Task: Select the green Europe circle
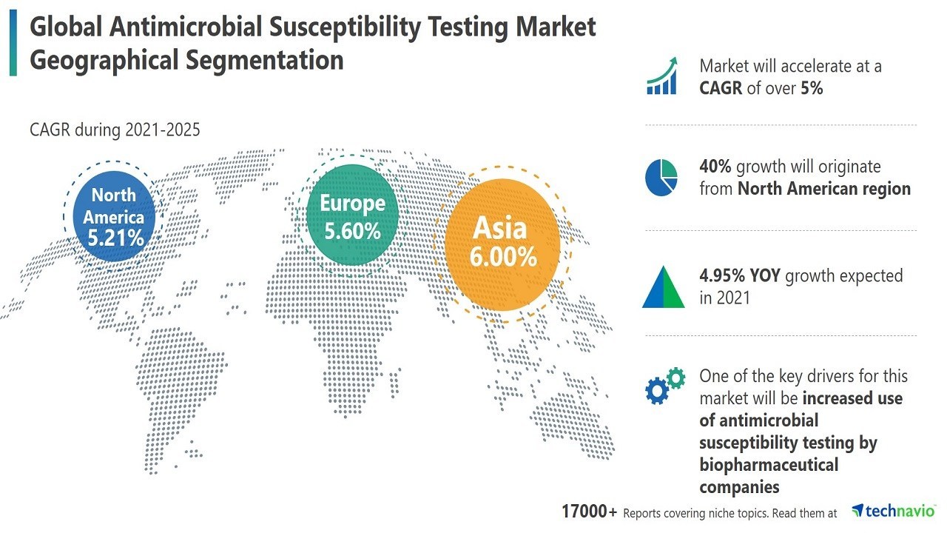click(353, 215)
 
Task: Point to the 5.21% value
click(115, 238)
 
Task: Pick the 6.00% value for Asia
click(503, 257)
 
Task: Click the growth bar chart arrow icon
click(662, 76)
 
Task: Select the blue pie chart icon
click(661, 178)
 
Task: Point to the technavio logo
click(893, 511)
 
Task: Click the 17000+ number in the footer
click(589, 512)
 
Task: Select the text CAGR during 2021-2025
click(115, 130)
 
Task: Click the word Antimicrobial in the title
click(189, 27)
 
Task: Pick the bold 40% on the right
click(715, 167)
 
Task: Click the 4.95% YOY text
click(740, 276)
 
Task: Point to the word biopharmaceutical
click(769, 465)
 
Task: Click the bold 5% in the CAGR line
click(812, 88)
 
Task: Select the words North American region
click(823, 189)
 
